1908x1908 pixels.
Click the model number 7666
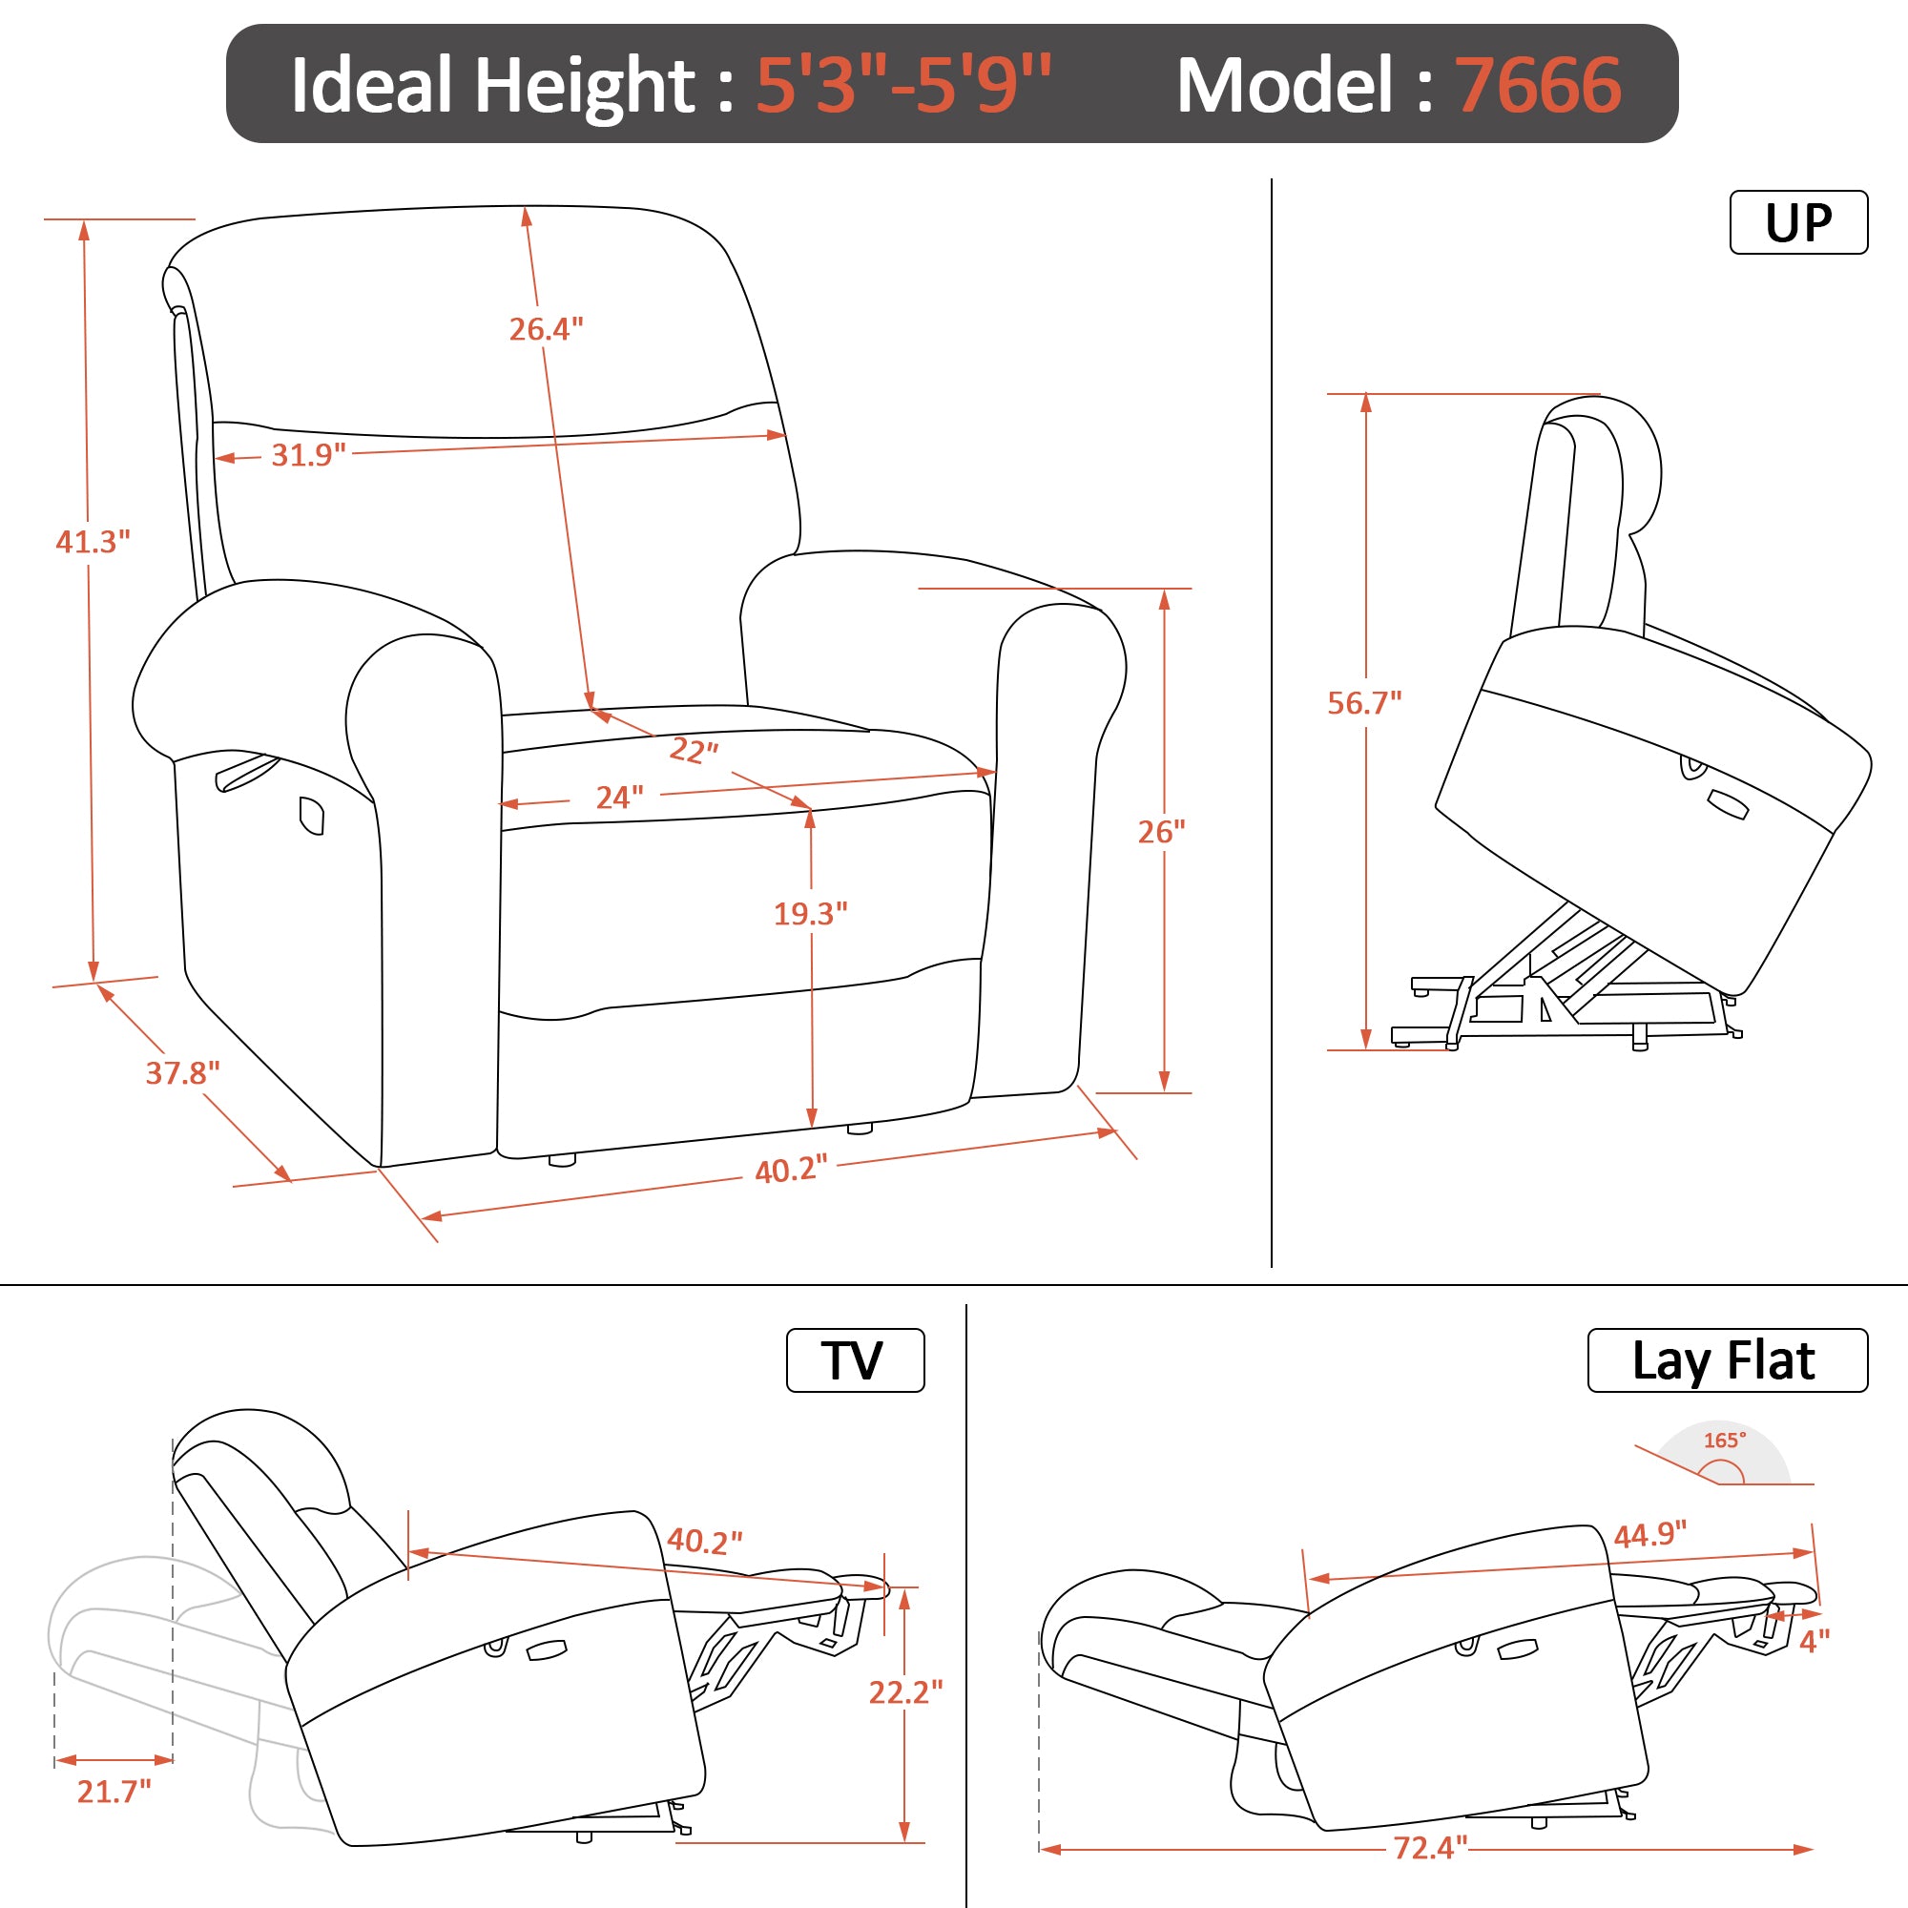click(1539, 86)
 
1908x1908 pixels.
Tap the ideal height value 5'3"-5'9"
click(903, 85)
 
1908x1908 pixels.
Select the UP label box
click(1798, 222)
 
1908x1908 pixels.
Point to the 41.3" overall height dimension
click(92, 541)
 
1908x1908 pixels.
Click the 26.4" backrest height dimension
click(546, 329)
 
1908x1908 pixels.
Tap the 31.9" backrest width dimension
click(308, 455)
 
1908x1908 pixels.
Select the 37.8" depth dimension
click(183, 1072)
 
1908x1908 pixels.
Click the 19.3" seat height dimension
click(810, 914)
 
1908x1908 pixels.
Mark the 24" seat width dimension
click(619, 797)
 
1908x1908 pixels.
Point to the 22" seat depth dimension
click(695, 751)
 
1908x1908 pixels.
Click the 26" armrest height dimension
click(1161, 832)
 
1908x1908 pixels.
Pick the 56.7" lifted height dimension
click(1364, 702)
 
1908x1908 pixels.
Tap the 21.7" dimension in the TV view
click(114, 1791)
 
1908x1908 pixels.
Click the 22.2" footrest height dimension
click(905, 1691)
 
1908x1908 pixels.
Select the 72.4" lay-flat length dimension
click(1430, 1847)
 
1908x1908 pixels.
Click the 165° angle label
click(1724, 1440)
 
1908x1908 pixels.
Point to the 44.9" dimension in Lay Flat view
click(1650, 1535)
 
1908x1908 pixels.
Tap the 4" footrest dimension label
click(1815, 1641)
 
